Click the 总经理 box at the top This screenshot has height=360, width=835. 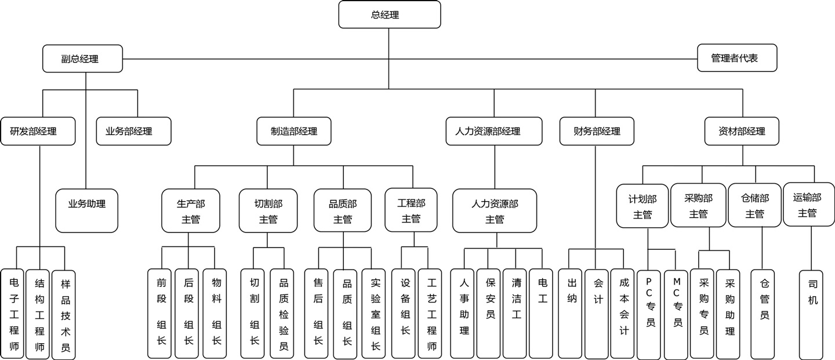389,14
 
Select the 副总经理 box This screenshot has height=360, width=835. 82,59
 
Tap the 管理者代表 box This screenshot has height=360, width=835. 736,58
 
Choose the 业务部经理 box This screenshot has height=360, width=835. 133,131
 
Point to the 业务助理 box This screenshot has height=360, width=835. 87,211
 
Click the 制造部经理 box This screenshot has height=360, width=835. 295,131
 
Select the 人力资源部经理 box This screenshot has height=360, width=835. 494,131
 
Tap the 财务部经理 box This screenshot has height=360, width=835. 596,131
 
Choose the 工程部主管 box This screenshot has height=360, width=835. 411,210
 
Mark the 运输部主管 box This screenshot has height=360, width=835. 808,205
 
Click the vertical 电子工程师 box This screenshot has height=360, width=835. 13,314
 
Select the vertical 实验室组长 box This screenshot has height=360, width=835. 374,314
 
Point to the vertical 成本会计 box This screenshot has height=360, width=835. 623,314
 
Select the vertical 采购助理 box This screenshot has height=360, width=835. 729,314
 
